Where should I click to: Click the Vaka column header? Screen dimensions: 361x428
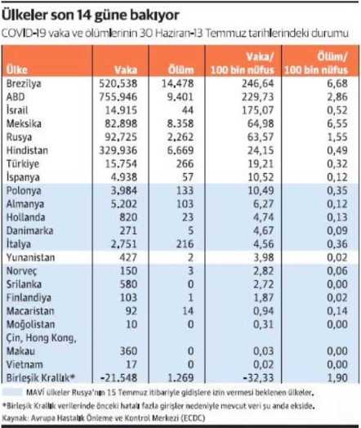click(126, 70)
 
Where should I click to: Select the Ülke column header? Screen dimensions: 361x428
click(16, 69)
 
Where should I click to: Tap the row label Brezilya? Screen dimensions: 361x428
click(24, 83)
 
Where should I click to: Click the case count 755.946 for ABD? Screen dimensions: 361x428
click(118, 97)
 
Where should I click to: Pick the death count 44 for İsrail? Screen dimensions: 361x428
click(188, 110)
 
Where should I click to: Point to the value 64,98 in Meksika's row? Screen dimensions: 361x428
click(261, 123)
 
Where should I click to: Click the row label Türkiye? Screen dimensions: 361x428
click(23, 164)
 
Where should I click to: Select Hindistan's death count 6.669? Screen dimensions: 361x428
click(180, 150)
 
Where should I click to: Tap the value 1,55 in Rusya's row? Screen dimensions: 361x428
click(337, 137)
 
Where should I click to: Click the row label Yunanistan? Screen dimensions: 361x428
click(30, 257)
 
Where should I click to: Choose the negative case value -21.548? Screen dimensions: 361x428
click(118, 378)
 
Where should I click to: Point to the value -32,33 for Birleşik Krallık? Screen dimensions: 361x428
click(258, 378)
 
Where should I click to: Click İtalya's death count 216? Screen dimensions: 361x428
click(185, 244)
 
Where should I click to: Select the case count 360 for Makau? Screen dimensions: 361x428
click(128, 351)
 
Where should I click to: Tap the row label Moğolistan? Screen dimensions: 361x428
click(30, 324)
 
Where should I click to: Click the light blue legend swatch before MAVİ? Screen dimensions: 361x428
click(12, 392)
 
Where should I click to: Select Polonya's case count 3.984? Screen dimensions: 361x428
click(123, 190)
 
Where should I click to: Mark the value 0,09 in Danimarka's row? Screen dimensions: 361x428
click(337, 230)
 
